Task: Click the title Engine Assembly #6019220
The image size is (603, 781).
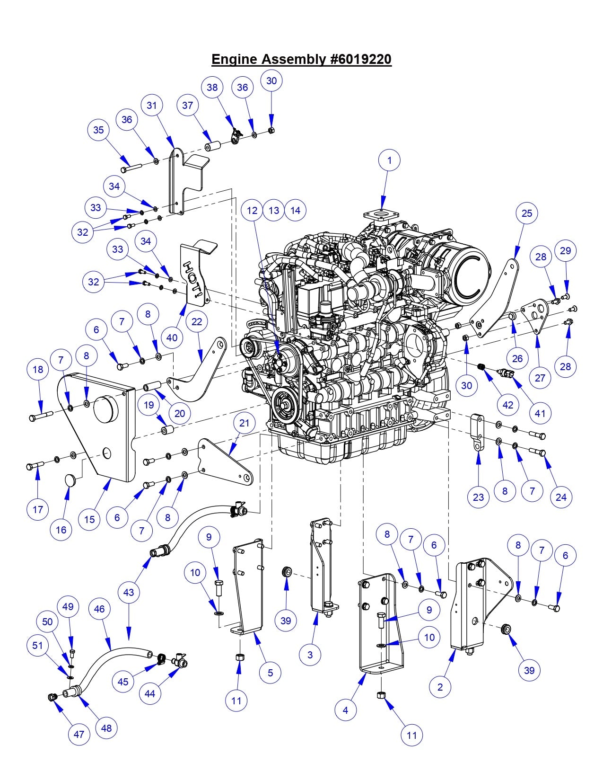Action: tap(301, 60)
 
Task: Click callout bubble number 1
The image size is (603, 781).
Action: tap(389, 160)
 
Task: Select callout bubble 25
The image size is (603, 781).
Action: tap(527, 213)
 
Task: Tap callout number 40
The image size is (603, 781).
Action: tap(172, 338)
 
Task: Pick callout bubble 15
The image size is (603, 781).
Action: tap(89, 519)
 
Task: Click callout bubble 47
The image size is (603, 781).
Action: tap(79, 734)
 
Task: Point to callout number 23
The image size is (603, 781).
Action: tap(478, 497)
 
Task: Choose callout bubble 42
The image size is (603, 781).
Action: tap(507, 405)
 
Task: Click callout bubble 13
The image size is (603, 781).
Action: tap(274, 210)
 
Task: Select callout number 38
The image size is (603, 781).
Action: tap(212, 87)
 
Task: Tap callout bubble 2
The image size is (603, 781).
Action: tap(440, 686)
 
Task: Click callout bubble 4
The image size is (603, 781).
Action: tap(346, 710)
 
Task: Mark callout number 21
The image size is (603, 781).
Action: tap(244, 423)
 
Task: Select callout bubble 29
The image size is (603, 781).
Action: tap(566, 251)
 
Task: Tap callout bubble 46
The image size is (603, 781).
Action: tap(99, 609)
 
